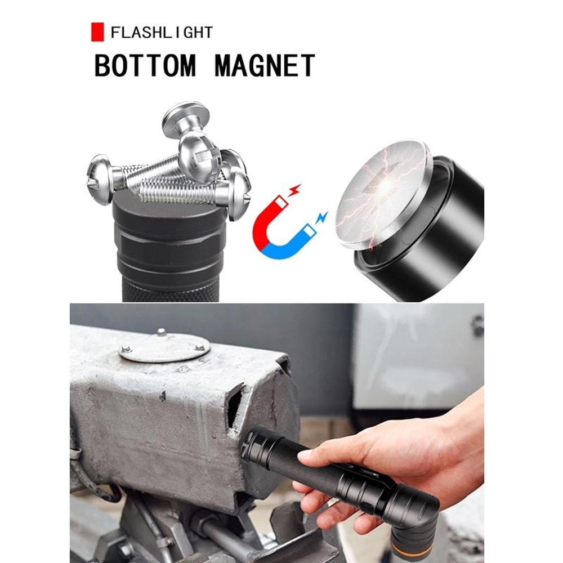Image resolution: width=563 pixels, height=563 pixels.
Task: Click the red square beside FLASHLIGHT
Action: (97, 32)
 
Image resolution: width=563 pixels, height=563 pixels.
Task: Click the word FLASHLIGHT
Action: (162, 33)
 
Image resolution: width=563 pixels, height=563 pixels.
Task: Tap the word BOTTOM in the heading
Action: (145, 65)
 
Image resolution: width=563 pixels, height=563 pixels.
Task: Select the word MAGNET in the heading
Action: (265, 65)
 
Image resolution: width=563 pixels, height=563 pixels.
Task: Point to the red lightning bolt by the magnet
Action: (296, 190)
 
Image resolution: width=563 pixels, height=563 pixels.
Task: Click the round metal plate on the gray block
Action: (164, 347)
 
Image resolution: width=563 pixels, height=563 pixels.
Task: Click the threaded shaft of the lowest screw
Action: (176, 193)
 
